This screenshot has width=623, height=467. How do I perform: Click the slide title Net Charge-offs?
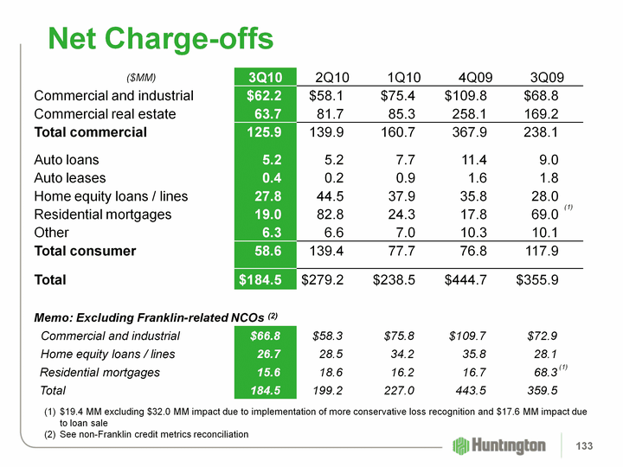160,37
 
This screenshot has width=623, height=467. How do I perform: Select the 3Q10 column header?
265,77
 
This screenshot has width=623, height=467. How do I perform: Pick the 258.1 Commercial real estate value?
472,114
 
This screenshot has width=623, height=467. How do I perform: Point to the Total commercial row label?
90,132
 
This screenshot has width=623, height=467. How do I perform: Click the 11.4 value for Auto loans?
475,159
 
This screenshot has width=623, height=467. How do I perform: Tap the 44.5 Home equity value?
327,195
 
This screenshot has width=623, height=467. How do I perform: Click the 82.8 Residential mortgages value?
327,214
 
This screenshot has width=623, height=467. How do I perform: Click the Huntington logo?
500,445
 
